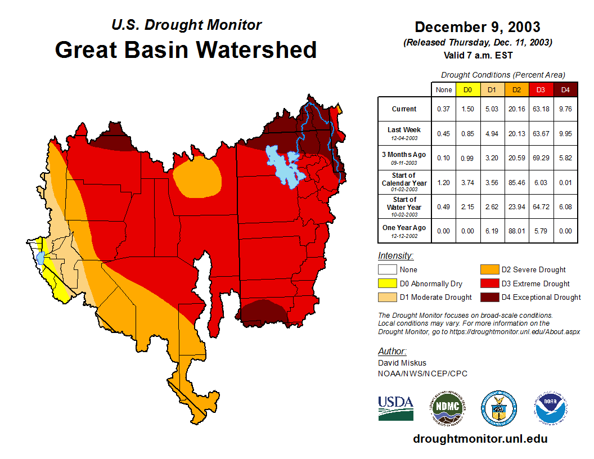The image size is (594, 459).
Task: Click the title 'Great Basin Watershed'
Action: (186, 49)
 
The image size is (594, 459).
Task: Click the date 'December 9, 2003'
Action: (478, 27)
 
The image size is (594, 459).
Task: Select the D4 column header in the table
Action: (565, 89)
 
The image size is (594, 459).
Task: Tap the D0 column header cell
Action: (467, 89)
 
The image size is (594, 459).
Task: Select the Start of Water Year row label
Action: (404, 203)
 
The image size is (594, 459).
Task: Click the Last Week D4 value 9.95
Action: (565, 133)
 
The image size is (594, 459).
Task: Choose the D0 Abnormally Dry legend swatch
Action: (386, 283)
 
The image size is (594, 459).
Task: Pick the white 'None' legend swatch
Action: (386, 270)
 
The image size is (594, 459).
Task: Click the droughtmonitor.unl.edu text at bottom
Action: (480, 439)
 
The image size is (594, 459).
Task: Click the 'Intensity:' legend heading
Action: (396, 255)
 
